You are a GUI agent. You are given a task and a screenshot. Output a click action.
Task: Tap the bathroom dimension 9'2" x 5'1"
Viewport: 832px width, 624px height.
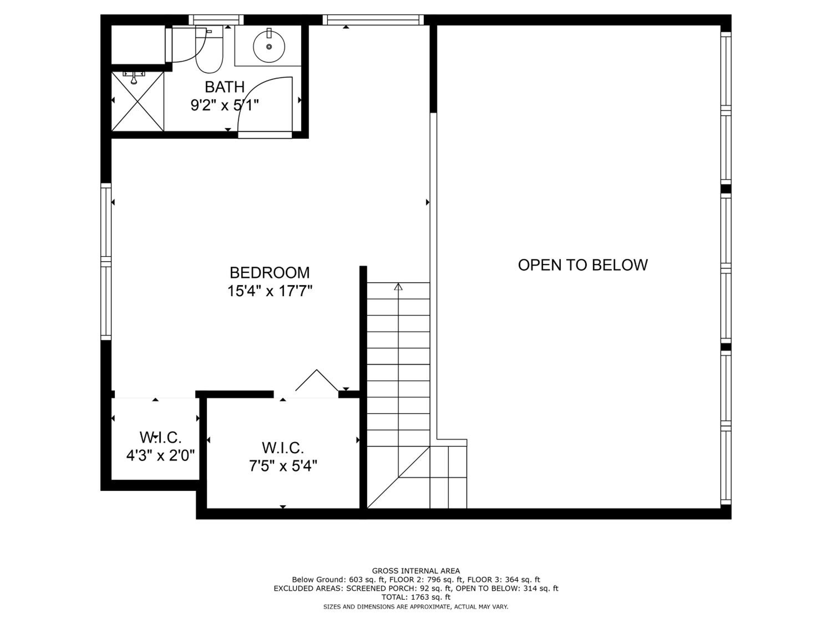225,105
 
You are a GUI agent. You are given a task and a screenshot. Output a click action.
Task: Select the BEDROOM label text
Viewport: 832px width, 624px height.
270,272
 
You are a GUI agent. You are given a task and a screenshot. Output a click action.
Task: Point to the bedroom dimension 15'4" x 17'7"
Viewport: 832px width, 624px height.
270,291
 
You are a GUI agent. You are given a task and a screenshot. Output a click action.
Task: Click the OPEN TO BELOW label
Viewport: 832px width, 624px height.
583,265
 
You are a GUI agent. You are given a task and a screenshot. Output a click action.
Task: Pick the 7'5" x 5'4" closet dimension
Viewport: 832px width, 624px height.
283,466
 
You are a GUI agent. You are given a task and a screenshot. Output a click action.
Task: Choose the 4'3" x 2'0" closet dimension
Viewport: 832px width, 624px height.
160,456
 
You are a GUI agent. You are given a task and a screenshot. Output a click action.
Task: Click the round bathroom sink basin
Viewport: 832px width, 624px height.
269,46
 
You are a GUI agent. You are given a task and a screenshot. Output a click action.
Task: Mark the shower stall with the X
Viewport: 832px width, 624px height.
138,101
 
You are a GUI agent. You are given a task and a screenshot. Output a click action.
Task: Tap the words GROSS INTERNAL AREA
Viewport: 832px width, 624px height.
416,571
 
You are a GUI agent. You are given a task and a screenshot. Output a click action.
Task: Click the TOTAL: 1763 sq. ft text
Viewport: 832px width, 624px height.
416,597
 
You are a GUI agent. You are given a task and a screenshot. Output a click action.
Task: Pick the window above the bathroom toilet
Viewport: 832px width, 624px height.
216,20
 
